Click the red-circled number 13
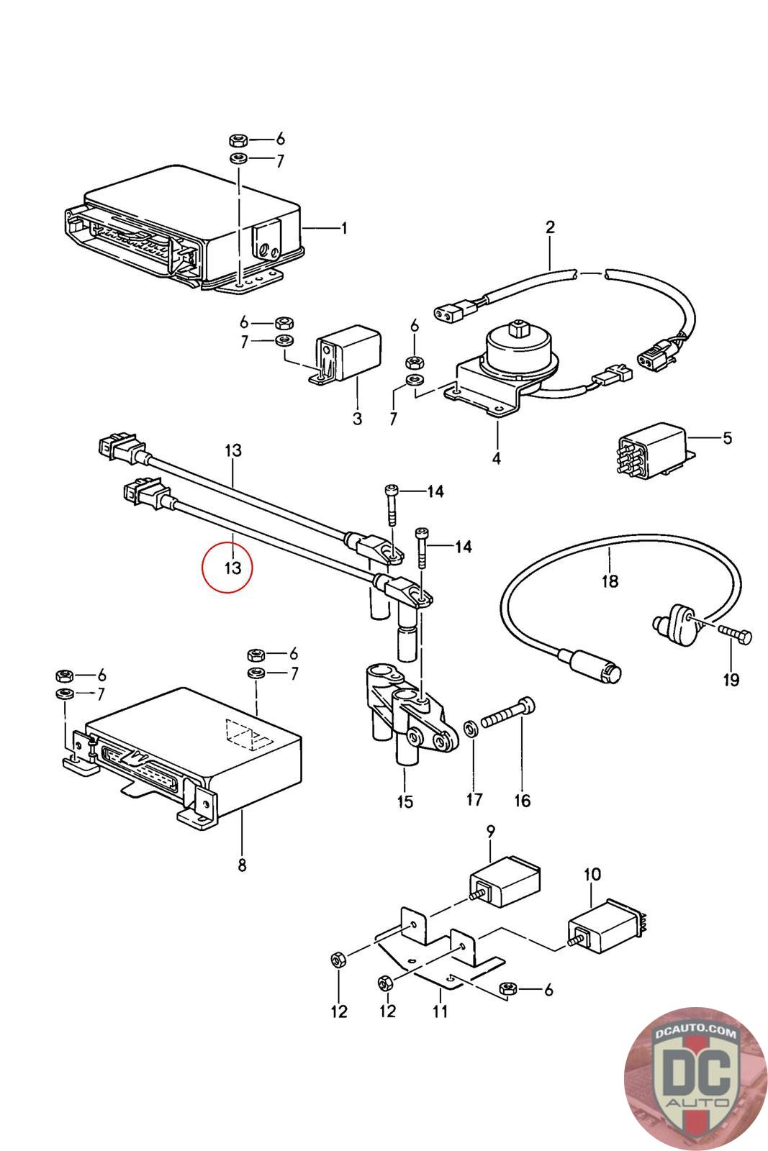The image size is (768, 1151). [233, 568]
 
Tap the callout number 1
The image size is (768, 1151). [344, 227]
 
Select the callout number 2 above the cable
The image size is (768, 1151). [550, 227]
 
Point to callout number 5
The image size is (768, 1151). [728, 438]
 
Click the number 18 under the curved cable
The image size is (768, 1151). [610, 581]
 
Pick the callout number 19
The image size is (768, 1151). [731, 680]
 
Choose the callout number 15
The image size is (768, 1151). [405, 801]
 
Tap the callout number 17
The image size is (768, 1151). [474, 799]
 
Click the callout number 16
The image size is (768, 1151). [523, 800]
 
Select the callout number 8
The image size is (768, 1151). [242, 865]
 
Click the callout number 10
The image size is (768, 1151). [592, 874]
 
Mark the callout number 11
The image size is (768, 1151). [440, 1011]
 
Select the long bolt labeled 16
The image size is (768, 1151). [507, 713]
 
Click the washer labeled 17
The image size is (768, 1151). [470, 728]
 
